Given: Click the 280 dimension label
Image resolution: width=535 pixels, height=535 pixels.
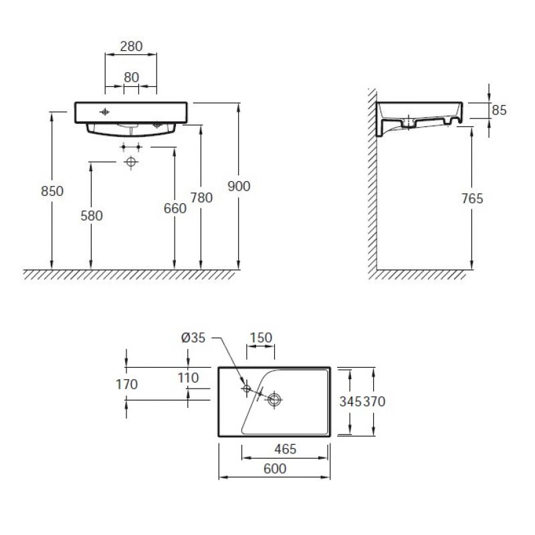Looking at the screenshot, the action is click(131, 46).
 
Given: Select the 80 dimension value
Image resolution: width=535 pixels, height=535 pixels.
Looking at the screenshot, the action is click(131, 78).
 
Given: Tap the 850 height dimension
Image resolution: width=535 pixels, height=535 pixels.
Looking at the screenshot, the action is click(52, 191).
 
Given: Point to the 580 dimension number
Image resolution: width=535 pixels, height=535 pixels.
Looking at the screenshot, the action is click(92, 215).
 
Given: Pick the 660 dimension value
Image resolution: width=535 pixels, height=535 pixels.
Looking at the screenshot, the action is click(175, 209).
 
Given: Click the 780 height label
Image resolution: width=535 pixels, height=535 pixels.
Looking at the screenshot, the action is click(201, 197).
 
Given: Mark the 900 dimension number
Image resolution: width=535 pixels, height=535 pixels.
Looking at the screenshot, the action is click(239, 187).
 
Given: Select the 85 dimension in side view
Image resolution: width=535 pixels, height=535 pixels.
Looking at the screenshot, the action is click(499, 110).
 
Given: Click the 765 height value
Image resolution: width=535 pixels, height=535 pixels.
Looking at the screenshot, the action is click(472, 199).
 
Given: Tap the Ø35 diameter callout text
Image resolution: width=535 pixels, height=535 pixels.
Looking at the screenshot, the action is click(193, 338).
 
